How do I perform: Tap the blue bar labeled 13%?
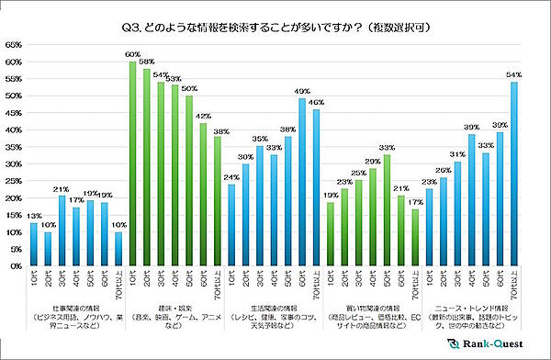point(34,243)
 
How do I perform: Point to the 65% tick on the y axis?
point(16,44)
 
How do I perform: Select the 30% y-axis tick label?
point(16,163)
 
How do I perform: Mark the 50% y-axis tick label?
point(16,96)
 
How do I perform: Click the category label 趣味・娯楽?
point(174,308)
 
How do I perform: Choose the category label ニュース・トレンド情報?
point(470,308)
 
